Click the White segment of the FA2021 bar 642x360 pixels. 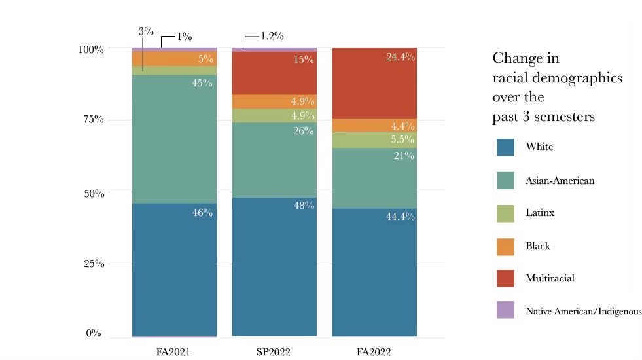174,268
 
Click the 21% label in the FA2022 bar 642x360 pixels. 404,156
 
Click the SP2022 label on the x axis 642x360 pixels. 274,351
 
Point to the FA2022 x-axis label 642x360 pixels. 374,351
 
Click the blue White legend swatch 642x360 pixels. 505,147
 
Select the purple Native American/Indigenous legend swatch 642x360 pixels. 505,310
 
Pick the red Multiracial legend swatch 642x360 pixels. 505,278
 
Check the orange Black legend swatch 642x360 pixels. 505,245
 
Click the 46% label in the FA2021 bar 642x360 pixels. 204,213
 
